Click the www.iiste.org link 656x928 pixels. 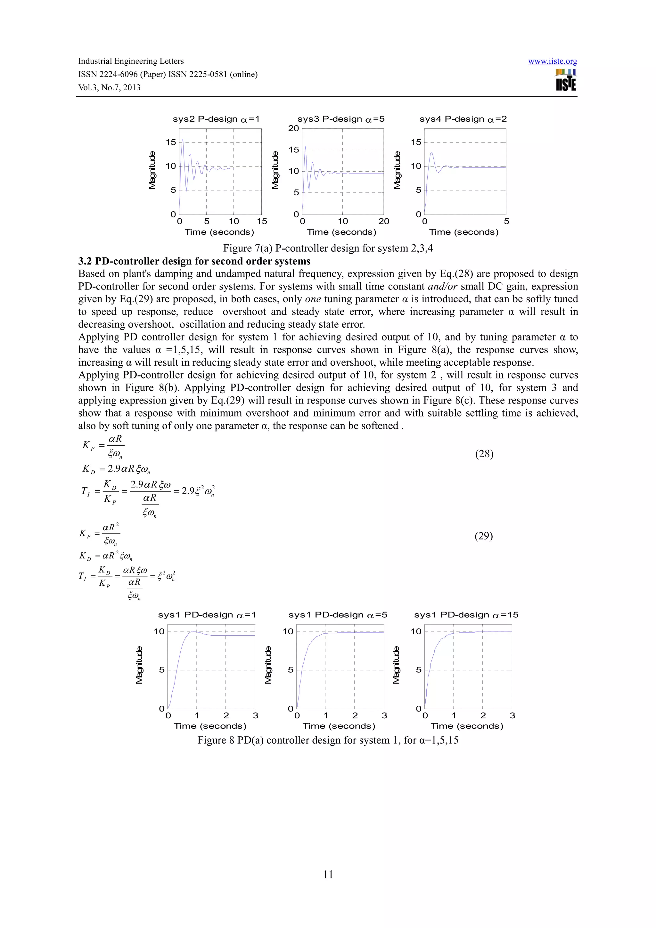[552, 61]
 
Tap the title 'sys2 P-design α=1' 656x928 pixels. [216, 119]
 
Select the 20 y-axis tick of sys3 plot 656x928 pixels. [293, 128]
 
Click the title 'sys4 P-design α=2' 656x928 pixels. [463, 119]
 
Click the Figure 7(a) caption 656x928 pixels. [328, 248]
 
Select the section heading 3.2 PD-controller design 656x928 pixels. [194, 261]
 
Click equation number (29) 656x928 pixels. [483, 536]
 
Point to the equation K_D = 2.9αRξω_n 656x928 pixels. [116, 469]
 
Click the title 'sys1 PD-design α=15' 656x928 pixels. [466, 615]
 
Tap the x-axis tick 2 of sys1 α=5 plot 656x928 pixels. [355, 716]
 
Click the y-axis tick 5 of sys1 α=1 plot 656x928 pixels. [162, 670]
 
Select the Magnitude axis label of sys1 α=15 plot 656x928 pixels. [396, 665]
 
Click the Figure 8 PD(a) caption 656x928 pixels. [328, 740]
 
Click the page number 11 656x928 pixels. [328, 874]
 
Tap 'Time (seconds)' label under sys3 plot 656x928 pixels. [341, 232]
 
